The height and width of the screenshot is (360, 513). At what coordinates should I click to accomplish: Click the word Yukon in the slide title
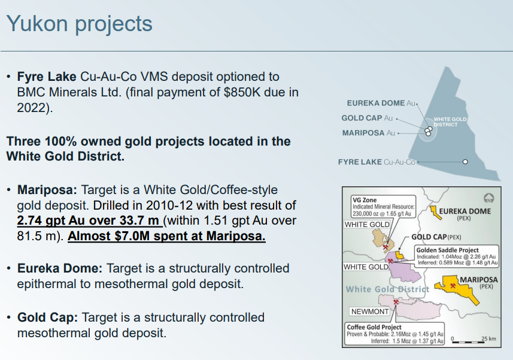coord(37,23)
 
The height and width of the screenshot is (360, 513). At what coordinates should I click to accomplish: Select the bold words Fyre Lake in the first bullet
coord(47,77)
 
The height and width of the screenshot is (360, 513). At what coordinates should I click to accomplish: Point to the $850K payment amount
coord(242,92)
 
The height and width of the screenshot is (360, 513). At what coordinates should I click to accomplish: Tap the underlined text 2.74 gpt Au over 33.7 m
coord(89,221)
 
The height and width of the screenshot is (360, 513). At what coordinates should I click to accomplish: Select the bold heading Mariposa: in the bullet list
coord(47,190)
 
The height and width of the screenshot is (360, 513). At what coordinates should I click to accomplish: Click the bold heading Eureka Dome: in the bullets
coord(60,268)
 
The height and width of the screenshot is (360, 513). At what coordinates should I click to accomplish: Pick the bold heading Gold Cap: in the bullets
coord(47,317)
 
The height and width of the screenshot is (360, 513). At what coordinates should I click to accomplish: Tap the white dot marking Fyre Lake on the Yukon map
coord(465,162)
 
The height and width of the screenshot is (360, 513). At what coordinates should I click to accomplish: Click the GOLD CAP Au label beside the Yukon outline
coord(367,118)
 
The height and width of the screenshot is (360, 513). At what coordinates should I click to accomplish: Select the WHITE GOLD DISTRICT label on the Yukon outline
coord(450,122)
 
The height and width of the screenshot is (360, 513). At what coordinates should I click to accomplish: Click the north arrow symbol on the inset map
coord(489,198)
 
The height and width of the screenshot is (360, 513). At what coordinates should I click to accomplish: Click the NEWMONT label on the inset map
coord(370,311)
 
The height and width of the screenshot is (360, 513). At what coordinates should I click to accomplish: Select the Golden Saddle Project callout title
coord(447,250)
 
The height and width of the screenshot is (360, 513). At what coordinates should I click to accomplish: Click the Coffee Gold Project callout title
coord(374,327)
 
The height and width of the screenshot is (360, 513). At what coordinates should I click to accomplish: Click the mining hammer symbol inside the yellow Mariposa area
coord(453,286)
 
